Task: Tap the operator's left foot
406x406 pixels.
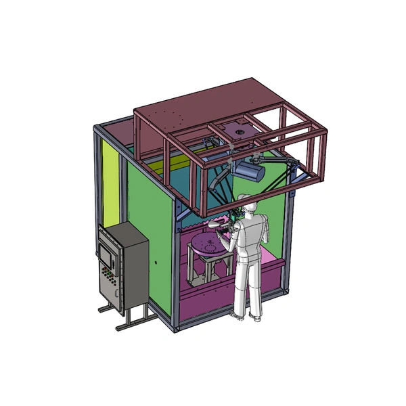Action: [x=238, y=315]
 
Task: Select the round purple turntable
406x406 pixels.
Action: [x=207, y=245]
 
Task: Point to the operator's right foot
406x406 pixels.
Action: [x=256, y=317]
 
